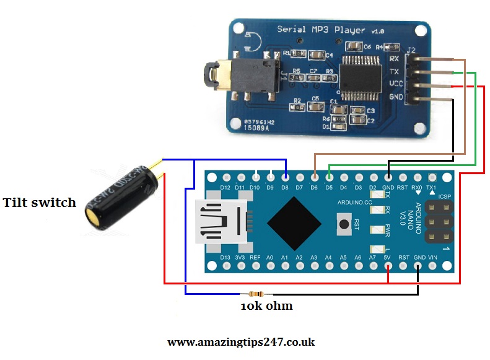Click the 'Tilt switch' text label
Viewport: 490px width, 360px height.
pyautogui.click(x=40, y=203)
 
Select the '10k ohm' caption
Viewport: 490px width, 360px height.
pyautogui.click(x=266, y=306)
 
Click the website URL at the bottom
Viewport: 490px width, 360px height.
pyautogui.click(x=242, y=342)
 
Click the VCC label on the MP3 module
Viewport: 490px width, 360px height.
pyautogui.click(x=395, y=84)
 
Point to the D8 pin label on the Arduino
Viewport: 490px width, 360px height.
pyautogui.click(x=284, y=187)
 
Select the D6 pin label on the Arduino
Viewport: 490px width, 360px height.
pyautogui.click(x=314, y=187)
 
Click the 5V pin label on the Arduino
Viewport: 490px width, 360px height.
pyautogui.click(x=388, y=257)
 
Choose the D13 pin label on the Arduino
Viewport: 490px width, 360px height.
pyautogui.click(x=225, y=257)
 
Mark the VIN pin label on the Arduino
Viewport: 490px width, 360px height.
pyautogui.click(x=432, y=257)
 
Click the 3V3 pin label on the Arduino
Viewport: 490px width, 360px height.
pyautogui.click(x=240, y=257)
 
